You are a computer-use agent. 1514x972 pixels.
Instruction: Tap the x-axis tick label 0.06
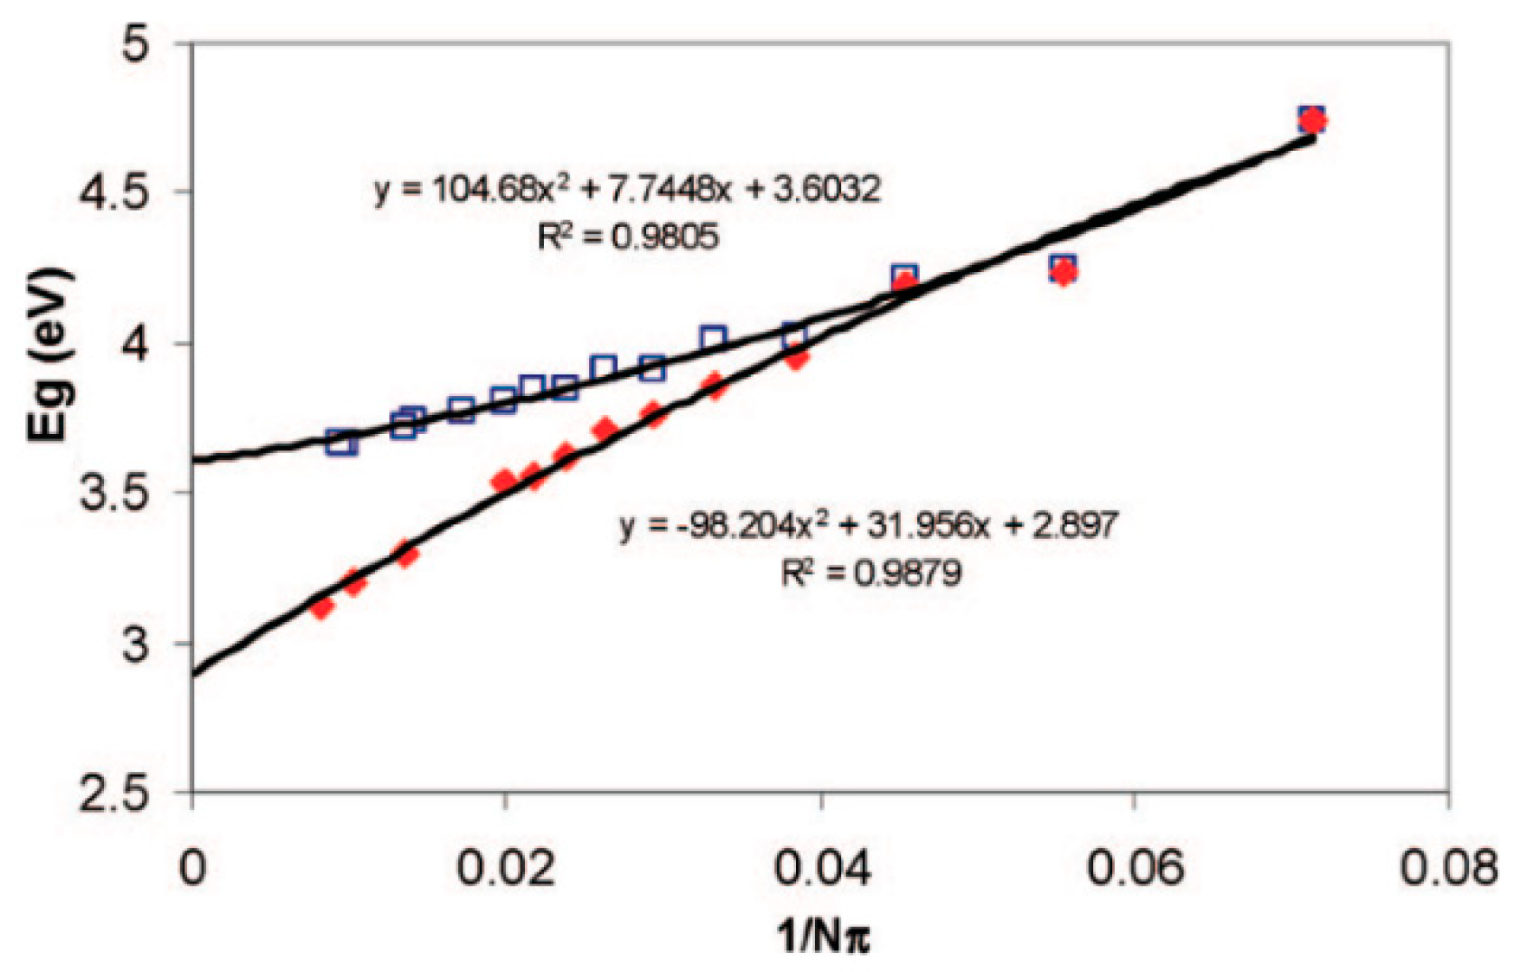(x=1134, y=868)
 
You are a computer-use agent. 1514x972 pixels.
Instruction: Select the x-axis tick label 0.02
(x=505, y=868)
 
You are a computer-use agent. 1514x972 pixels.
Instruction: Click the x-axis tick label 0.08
(x=1448, y=868)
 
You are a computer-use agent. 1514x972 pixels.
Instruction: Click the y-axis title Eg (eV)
(x=49, y=355)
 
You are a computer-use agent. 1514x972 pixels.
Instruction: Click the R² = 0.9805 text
(x=628, y=236)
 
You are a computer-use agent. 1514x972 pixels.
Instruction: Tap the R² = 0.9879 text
(x=871, y=573)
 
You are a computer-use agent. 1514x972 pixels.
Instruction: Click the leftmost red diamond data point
(x=322, y=607)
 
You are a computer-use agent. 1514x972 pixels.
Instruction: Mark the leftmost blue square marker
(x=341, y=443)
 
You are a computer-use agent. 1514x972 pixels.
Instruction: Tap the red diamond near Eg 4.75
(x=1313, y=120)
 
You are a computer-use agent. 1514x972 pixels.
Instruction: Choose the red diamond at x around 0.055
(x=1063, y=273)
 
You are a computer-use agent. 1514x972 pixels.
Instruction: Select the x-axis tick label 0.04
(x=820, y=868)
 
